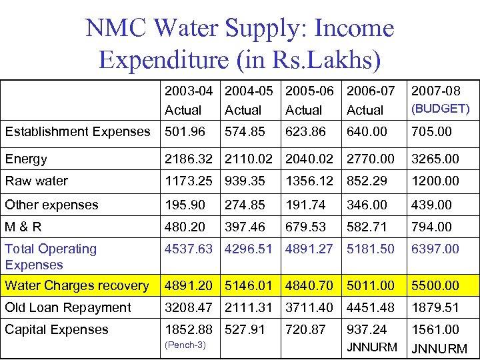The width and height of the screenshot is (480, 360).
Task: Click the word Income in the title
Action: tap(354, 29)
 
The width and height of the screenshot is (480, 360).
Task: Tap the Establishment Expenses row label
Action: tap(77, 131)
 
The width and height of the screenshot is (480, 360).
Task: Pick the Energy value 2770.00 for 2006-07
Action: tap(371, 159)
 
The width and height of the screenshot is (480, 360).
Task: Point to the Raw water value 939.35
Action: tap(245, 181)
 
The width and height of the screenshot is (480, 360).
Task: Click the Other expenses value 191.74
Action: tap(305, 205)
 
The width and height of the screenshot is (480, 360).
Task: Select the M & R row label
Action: tap(23, 227)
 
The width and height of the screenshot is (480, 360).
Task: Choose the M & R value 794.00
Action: tap(431, 227)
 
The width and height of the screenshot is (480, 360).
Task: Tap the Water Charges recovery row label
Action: tap(77, 285)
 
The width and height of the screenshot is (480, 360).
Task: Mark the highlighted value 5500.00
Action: tap(435, 285)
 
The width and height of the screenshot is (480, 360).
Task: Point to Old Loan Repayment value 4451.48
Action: tap(371, 307)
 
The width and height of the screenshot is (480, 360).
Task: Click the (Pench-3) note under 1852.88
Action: tap(185, 345)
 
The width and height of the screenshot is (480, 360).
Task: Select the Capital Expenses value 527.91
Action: tap(245, 329)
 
